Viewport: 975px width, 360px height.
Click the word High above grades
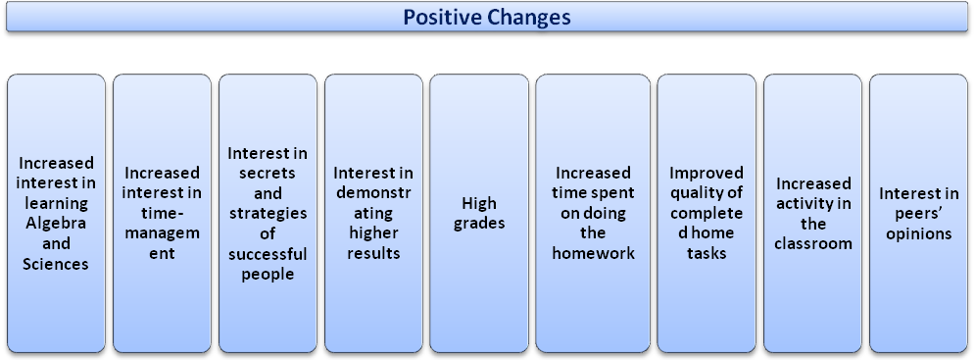coord(479,203)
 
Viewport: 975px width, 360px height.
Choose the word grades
coord(479,224)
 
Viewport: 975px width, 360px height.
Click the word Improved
coord(707,173)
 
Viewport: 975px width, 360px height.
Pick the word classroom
coord(811,243)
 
